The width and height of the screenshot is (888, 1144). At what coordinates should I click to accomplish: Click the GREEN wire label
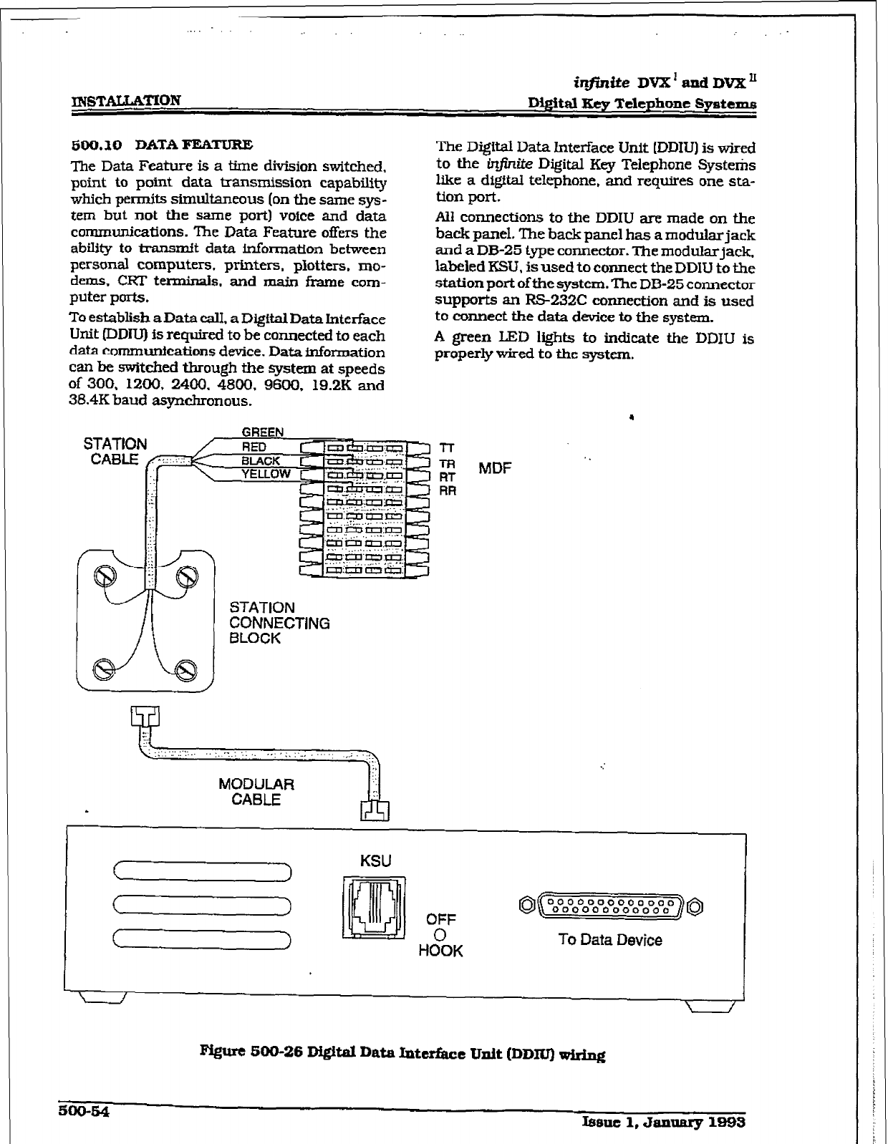[x=262, y=432]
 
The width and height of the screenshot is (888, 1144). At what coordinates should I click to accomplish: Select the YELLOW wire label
[x=266, y=474]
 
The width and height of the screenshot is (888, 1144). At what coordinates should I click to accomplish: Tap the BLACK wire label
[x=261, y=461]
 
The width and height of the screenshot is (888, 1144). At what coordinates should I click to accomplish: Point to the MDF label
[x=495, y=468]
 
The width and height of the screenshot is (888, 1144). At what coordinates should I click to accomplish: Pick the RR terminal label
[x=447, y=491]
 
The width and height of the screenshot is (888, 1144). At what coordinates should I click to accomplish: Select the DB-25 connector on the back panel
[x=613, y=906]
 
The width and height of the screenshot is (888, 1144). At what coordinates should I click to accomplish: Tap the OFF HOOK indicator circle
[x=440, y=935]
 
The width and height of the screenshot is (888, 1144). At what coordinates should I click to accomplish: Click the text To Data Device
[x=609, y=940]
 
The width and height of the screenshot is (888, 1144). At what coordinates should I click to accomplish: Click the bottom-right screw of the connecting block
[x=186, y=670]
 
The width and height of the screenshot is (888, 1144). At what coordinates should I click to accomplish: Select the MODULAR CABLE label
[x=256, y=792]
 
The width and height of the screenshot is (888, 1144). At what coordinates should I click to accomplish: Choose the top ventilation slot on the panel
[x=202, y=871]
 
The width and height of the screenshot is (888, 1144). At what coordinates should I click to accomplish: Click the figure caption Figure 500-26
[x=403, y=1054]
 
